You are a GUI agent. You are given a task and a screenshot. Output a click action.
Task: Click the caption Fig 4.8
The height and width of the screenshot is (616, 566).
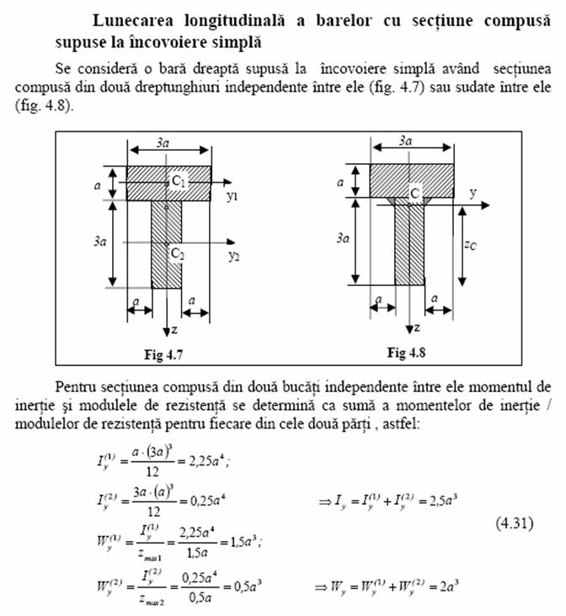point(407,352)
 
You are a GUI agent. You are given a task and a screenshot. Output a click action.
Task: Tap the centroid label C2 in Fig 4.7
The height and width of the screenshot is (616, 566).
point(176,252)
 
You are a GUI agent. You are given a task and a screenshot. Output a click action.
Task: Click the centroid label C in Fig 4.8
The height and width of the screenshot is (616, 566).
point(415,194)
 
